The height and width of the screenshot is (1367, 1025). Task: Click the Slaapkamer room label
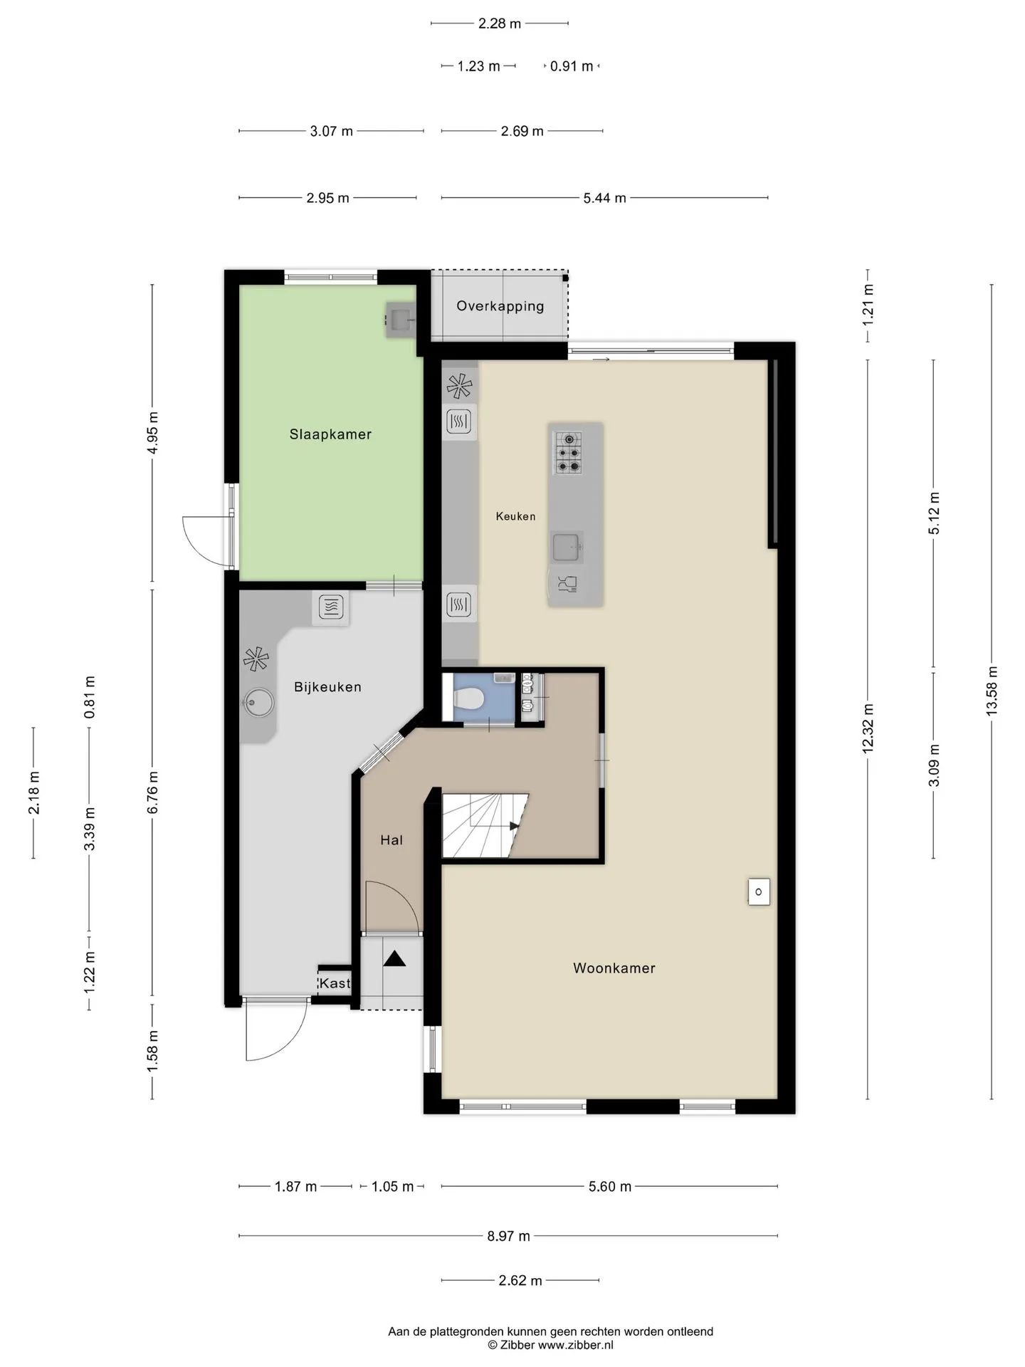(x=330, y=434)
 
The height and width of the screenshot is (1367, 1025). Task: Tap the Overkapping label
(x=500, y=306)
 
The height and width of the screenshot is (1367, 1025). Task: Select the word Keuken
(x=516, y=516)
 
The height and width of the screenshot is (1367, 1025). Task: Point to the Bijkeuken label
(x=327, y=687)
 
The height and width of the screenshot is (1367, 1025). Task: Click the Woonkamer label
(x=614, y=968)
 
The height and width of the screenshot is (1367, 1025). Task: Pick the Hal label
(x=391, y=840)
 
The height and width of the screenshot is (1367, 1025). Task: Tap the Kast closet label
(x=335, y=983)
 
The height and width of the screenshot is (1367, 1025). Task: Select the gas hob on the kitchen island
(x=569, y=453)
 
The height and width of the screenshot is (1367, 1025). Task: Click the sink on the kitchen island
(x=568, y=548)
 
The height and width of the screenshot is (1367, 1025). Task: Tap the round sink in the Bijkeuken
(x=258, y=703)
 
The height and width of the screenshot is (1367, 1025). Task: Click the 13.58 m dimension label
(x=992, y=691)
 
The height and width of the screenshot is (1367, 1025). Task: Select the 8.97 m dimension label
(x=508, y=1236)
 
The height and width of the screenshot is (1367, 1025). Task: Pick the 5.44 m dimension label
(x=604, y=198)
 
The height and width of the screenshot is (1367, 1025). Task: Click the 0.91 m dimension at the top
(x=572, y=66)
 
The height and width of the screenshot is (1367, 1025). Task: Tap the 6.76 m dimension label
(x=152, y=792)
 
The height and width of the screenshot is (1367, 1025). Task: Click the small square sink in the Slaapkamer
(x=399, y=320)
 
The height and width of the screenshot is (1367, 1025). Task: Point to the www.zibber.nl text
(x=575, y=1345)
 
